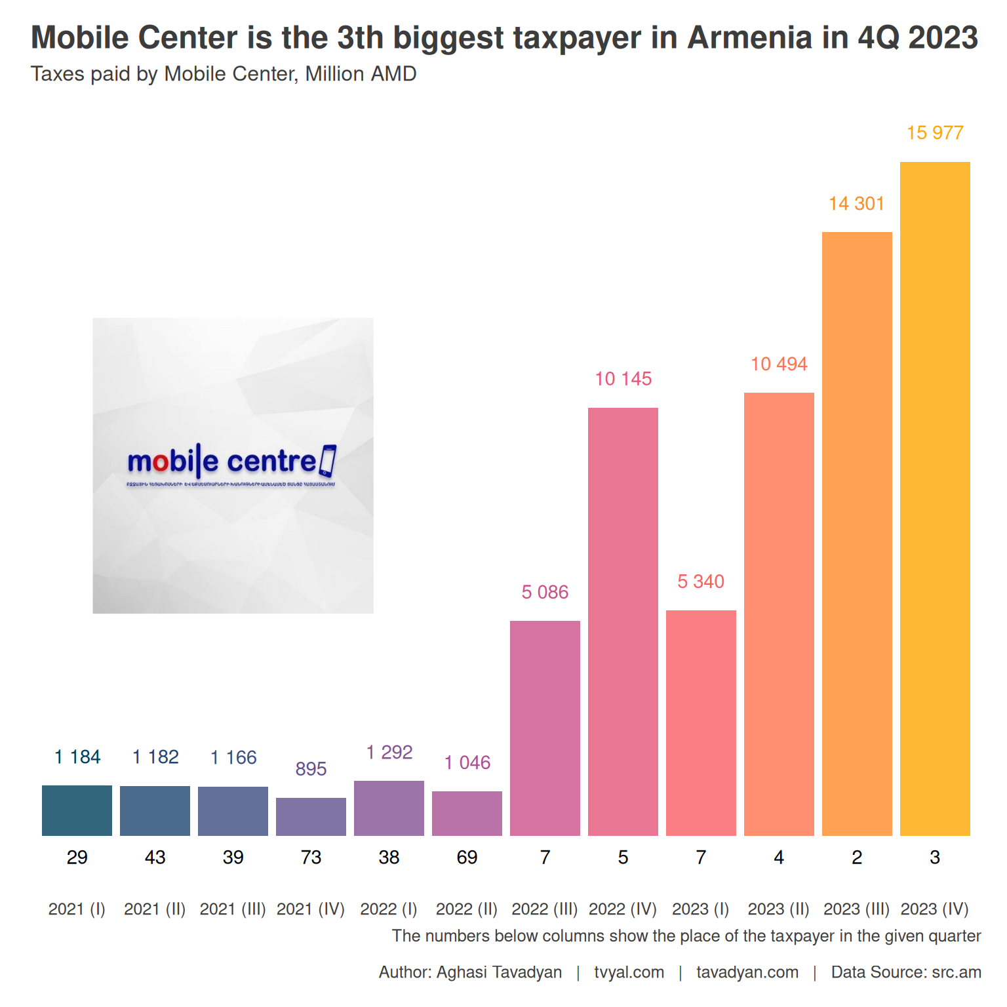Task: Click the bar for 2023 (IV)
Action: [935, 498]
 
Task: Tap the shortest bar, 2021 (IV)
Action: [311, 816]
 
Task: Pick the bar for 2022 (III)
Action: [545, 728]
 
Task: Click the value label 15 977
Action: [935, 133]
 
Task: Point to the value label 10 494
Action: [779, 365]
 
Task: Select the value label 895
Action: [311, 769]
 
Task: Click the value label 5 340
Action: [701, 582]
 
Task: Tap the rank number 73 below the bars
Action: [311, 858]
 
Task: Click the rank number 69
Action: [467, 858]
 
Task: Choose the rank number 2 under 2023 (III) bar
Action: [857, 858]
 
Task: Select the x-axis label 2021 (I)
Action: [77, 909]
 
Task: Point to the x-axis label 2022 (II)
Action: [467, 909]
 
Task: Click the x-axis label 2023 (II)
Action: [779, 909]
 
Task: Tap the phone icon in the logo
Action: [327, 461]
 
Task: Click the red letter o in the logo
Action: [161, 463]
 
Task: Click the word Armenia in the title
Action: [750, 37]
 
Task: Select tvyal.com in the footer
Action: [629, 972]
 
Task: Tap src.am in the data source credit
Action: [957, 972]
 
